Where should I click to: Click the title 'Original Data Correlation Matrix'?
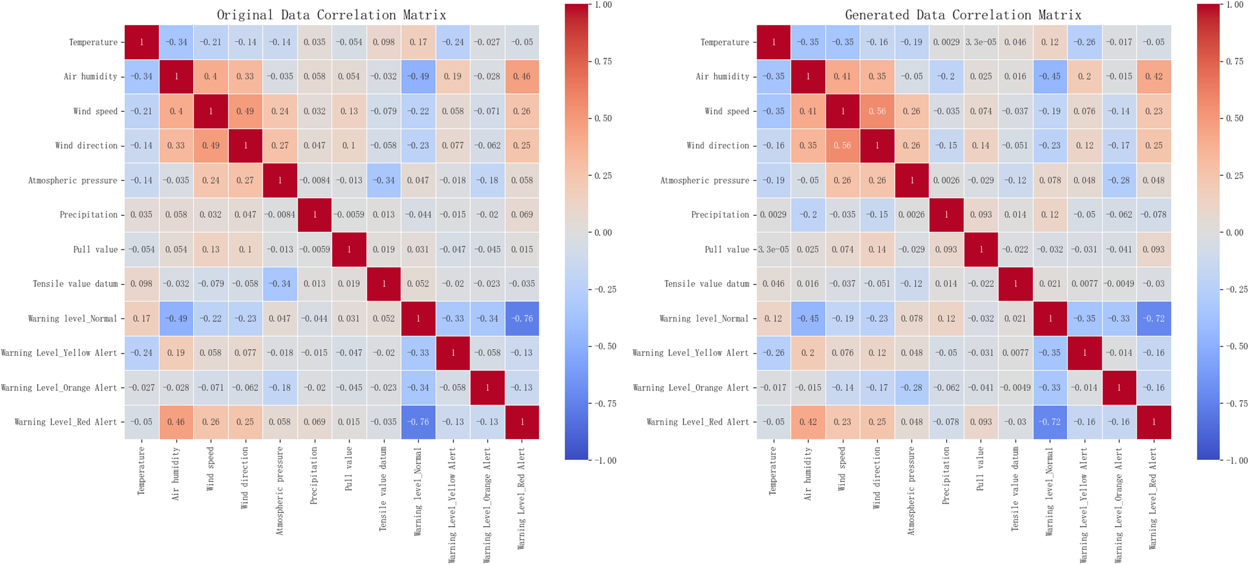332,15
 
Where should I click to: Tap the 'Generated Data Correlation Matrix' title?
963,15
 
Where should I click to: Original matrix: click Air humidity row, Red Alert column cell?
522,77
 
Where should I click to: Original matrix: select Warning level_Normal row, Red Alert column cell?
522,318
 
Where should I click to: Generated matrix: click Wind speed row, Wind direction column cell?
877,111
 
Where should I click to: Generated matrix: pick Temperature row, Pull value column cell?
981,42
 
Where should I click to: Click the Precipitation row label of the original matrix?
88,215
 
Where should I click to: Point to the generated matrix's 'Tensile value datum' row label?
706,284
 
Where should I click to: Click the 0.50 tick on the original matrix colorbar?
603,119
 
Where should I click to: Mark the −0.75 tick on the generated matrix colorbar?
1235,404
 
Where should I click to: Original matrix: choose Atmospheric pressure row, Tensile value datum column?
384,180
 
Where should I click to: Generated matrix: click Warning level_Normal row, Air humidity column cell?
808,318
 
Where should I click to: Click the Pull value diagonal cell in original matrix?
349,250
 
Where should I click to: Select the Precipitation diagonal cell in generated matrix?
946,215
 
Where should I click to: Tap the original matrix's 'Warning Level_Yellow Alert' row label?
59,353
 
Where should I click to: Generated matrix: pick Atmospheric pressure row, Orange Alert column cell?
1119,180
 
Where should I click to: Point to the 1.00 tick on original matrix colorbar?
603,5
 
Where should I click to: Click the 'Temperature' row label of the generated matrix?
725,42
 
